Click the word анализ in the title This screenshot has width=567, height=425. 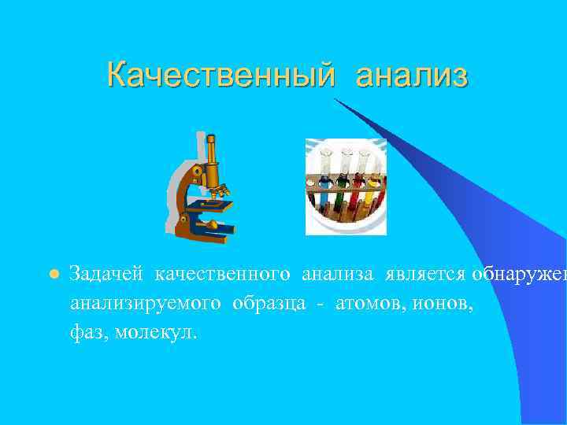click(x=411, y=76)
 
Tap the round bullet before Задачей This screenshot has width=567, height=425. click(x=53, y=274)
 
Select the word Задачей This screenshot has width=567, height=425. click(x=106, y=274)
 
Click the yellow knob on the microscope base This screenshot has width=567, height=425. click(x=211, y=226)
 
